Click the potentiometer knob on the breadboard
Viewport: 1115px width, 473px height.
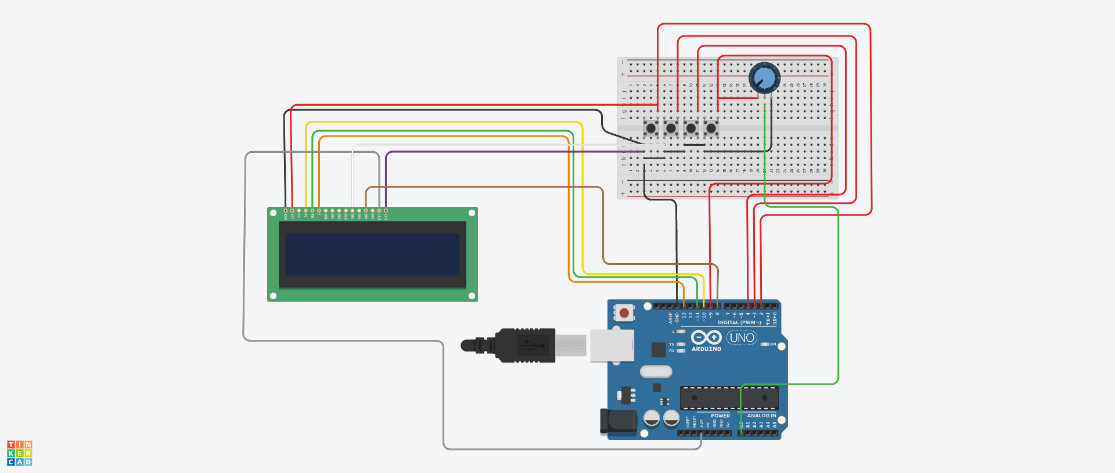click(764, 78)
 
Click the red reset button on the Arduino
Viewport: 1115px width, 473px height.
click(624, 313)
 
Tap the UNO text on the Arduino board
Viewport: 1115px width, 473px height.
click(742, 338)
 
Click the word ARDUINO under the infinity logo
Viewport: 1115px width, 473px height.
click(706, 349)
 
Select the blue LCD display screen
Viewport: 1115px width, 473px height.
click(372, 255)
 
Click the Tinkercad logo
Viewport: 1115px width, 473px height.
click(19, 453)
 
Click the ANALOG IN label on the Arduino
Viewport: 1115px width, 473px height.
click(761, 415)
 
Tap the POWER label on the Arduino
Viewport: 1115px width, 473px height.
click(720, 415)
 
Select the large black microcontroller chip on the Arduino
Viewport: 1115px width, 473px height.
click(729, 398)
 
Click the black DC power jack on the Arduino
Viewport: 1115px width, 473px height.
click(618, 421)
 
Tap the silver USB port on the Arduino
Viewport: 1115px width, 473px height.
click(612, 345)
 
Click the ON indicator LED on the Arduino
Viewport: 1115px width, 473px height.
click(765, 344)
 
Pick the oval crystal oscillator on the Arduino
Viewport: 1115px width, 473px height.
click(656, 371)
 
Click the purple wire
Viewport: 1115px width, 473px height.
click(494, 152)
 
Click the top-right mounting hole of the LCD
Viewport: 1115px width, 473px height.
click(472, 213)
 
